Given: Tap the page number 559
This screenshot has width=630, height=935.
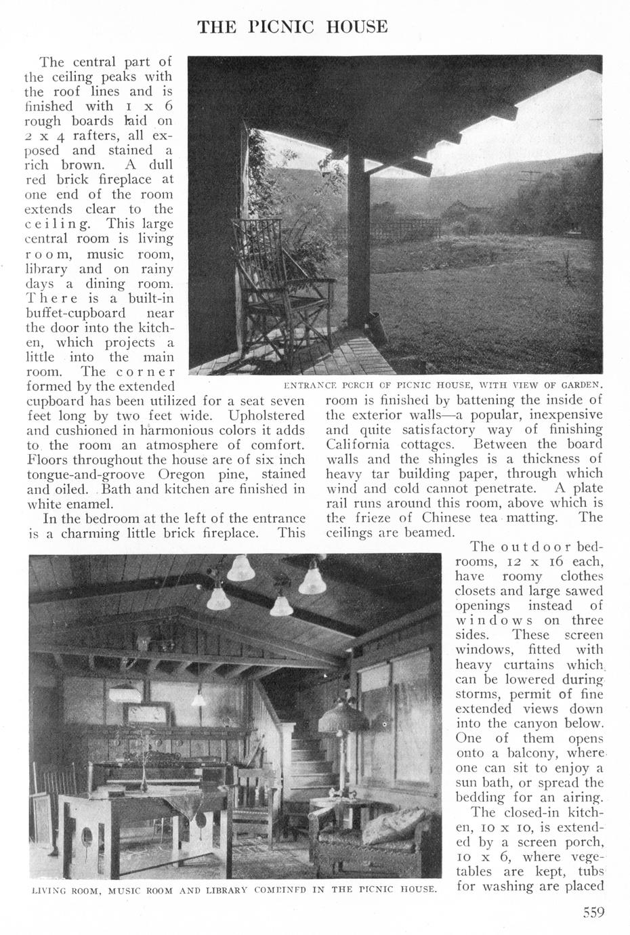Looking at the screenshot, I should (x=593, y=912).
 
